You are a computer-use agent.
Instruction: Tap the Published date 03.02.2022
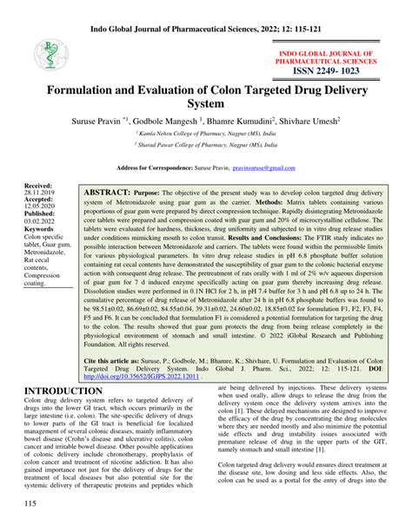click(x=40, y=221)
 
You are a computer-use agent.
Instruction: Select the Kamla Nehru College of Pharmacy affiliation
click(x=206, y=136)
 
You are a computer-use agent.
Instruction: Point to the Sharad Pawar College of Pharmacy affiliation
click(x=206, y=146)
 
